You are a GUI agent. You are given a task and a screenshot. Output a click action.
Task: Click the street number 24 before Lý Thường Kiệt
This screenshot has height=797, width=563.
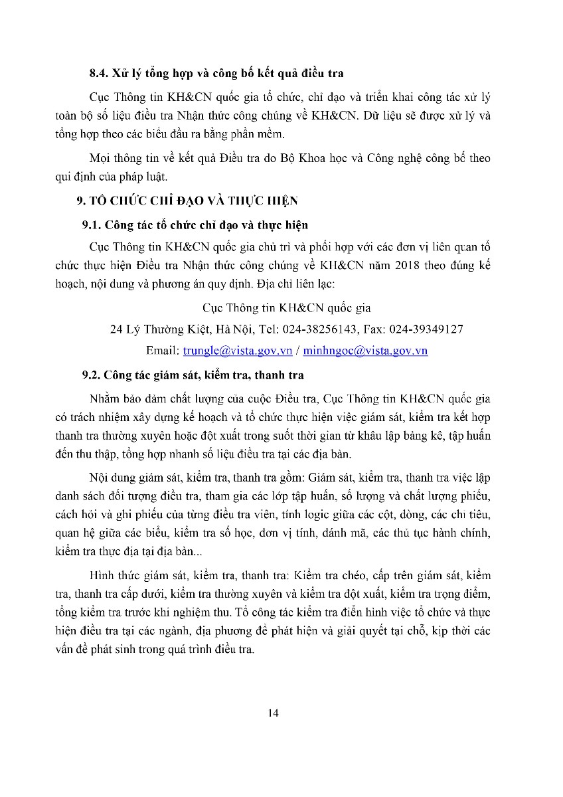point(116,329)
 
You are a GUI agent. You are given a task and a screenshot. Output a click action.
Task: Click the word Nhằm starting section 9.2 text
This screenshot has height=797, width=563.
point(102,398)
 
